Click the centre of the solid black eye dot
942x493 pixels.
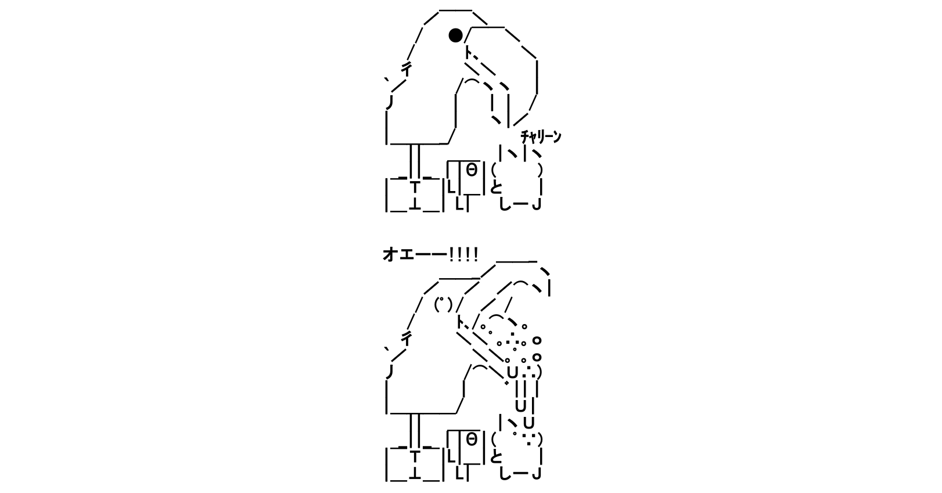click(456, 35)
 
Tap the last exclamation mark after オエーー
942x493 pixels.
click(475, 254)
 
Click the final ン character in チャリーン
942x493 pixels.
click(557, 136)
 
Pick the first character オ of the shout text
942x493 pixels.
click(390, 254)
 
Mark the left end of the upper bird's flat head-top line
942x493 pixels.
click(440, 10)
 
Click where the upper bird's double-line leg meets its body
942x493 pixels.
click(415, 144)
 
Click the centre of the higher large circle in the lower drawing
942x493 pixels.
click(537, 340)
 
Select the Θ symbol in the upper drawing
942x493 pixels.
click(472, 170)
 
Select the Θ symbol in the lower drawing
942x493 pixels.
click(472, 440)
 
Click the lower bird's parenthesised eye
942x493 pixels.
click(443, 304)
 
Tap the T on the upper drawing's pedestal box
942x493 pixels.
click(415, 187)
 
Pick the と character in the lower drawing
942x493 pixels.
click(496, 456)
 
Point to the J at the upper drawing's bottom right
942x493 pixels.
click(536, 205)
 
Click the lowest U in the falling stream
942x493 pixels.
click(529, 423)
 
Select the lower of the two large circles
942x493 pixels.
click(537, 357)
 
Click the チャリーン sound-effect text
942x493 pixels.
click(541, 136)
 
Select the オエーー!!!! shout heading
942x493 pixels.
click(430, 254)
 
